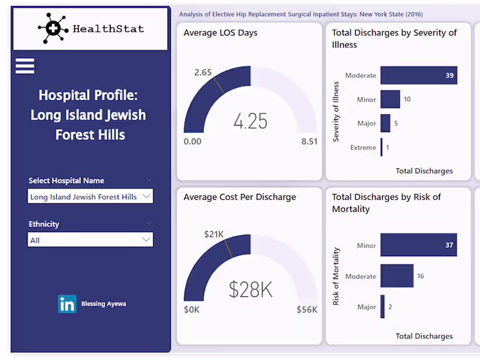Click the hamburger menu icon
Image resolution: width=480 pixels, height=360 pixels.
coord(25,65)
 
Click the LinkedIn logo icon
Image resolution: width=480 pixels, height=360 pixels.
coord(67,304)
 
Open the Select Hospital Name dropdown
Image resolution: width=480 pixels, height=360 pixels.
coord(90,196)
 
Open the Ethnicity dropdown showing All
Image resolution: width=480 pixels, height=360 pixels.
coord(90,240)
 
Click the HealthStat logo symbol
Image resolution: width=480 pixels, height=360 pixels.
coord(53,28)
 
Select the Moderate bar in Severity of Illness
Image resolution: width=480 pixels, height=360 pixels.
coord(419,76)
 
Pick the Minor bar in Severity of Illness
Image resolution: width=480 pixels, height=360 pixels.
coord(390,99)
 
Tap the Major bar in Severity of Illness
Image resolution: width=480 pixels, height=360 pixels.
coord(385,123)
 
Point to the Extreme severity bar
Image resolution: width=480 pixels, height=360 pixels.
coord(382,147)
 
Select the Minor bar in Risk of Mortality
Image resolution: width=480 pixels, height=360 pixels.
coord(419,245)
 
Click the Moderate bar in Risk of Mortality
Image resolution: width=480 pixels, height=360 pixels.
coord(397,276)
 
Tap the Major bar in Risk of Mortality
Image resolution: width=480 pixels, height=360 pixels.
coord(383,307)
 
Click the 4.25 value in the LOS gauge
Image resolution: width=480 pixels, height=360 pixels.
coord(250,121)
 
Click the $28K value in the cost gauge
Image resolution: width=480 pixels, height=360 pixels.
coord(250,290)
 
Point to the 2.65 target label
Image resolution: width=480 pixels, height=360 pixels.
coord(203,72)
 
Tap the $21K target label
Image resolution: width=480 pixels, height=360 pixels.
coord(214,233)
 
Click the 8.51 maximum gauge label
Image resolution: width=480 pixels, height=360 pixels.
coord(310,142)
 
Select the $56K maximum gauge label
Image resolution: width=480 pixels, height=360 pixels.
coord(307,310)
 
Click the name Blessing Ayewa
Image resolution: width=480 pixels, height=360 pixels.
coord(104,304)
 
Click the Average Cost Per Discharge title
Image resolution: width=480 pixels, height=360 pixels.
coord(239,197)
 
